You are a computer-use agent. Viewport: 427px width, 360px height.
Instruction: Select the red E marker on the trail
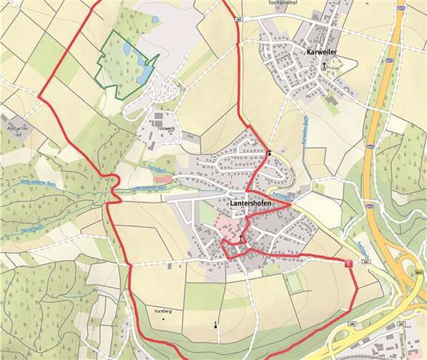[x=349, y=264]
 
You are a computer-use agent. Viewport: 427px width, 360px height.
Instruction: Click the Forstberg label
[x=164, y=311]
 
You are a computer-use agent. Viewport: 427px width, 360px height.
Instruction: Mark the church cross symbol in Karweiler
[x=323, y=65]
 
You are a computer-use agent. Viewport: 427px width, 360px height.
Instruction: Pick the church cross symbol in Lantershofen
[x=242, y=239]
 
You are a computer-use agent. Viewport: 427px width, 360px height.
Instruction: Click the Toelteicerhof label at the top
[x=282, y=3]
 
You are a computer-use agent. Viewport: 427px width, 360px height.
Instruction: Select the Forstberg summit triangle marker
[x=164, y=320]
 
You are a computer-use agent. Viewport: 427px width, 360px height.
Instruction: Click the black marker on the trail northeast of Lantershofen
[x=270, y=153]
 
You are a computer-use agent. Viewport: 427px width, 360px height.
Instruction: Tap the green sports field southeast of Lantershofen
[x=294, y=282]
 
